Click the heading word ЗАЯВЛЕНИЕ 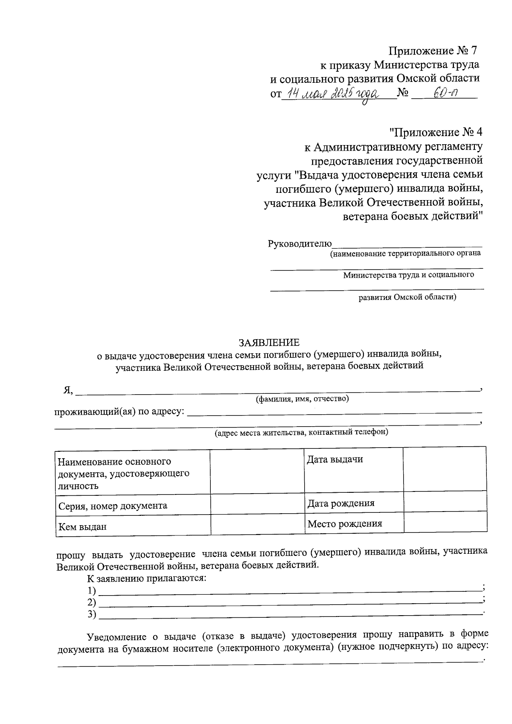pos(269,343)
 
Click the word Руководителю pos(300,244)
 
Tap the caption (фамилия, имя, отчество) pos(302,399)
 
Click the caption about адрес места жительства pos(301,432)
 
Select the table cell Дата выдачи pos(335,459)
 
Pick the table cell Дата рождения pos(340,503)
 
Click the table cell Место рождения pos(344,523)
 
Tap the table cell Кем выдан pos(82,526)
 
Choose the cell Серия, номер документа pos(113,506)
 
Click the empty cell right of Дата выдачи pos(445,469)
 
